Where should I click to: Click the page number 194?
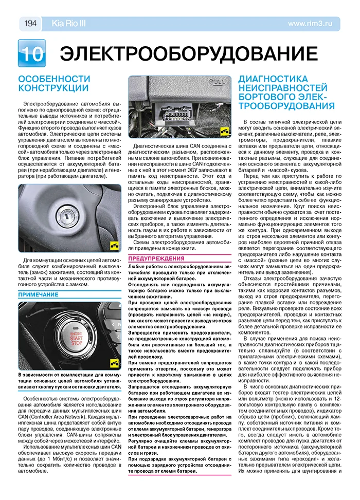click(30, 23)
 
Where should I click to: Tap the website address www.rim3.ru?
click(314, 23)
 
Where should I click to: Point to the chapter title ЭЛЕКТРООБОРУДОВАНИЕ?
click(188, 55)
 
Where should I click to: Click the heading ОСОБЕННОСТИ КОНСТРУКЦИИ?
click(53, 83)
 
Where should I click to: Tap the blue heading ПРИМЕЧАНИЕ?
click(39, 295)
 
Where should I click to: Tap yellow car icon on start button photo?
click(115, 364)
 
